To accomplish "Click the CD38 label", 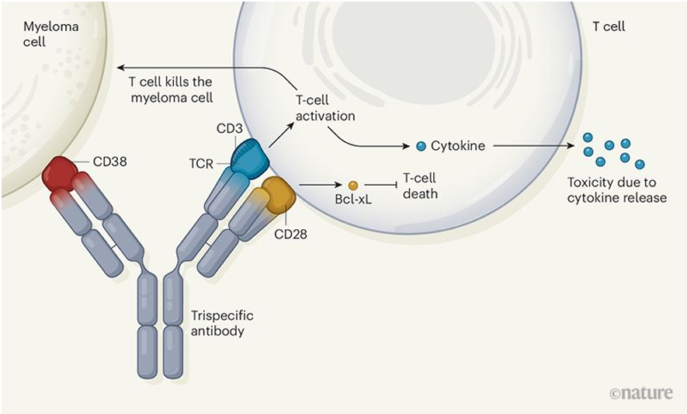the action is point(109,162).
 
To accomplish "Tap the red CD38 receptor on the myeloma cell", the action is point(60,174).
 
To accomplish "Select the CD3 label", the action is point(229,128).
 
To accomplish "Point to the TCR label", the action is point(201,164).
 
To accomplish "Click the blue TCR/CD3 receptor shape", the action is point(250,158).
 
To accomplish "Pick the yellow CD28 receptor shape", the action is point(279,194).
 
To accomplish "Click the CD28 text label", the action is point(290,234).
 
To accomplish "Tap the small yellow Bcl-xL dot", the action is point(353,186).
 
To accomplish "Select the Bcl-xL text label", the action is point(353,200).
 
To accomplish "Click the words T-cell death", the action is point(420,186).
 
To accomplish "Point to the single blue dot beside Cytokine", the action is point(421,146).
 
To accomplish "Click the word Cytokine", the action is point(458,145).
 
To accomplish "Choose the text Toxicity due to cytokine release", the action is point(617,190).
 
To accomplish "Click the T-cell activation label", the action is point(325,108).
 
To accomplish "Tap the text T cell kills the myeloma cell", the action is point(172,89).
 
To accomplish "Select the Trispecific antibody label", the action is point(222,323).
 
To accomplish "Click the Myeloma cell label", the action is point(50,33).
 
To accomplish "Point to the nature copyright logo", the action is point(640,393).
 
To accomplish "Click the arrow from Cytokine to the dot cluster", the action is point(533,145).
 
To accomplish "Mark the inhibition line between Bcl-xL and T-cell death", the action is point(380,186).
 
